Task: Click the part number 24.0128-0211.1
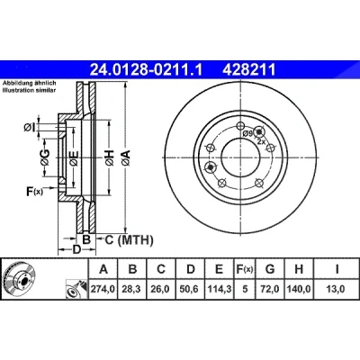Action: click(147, 70)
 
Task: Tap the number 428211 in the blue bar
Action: click(248, 70)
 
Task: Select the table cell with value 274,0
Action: click(103, 289)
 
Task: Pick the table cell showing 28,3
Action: click(132, 289)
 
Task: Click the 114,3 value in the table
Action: click(220, 289)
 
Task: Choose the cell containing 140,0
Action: click(299, 289)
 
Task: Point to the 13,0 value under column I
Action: click(337, 289)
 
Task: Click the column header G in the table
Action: click(270, 269)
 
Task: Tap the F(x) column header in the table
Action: click(245, 269)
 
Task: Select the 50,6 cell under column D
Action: click(191, 289)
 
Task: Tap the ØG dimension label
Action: click(45, 157)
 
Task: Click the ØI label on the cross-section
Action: click(30, 128)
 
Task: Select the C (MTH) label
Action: click(129, 239)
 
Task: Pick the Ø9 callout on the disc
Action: click(247, 133)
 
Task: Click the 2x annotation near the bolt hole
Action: click(261, 141)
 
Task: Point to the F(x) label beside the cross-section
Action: click(35, 191)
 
